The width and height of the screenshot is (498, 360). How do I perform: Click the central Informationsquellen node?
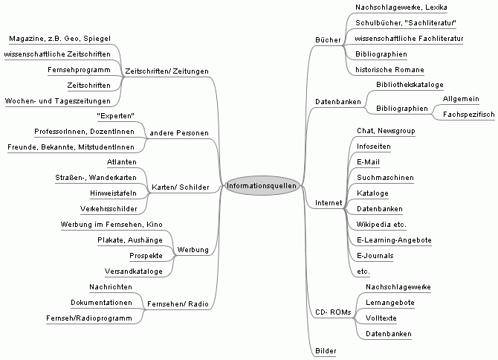[x=263, y=185]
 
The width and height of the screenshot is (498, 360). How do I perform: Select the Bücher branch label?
[x=327, y=39]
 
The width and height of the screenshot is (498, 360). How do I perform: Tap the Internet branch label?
[x=328, y=202]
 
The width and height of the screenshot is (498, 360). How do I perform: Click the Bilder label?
[x=326, y=350]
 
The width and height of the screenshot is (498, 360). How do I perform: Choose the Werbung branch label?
[x=193, y=249]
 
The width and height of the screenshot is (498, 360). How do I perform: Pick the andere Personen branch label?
[x=178, y=132]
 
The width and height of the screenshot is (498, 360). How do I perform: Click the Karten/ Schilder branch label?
[x=180, y=187]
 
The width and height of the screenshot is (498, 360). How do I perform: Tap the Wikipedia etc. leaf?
[x=381, y=224]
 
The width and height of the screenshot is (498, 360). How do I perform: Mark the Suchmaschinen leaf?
[x=385, y=178]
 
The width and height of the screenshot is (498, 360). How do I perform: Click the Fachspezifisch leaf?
[x=468, y=115]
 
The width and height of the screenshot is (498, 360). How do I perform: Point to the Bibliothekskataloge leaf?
[x=410, y=85]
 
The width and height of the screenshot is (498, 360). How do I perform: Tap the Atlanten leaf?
[x=121, y=161]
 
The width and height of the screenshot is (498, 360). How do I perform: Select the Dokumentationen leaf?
[x=102, y=303]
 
